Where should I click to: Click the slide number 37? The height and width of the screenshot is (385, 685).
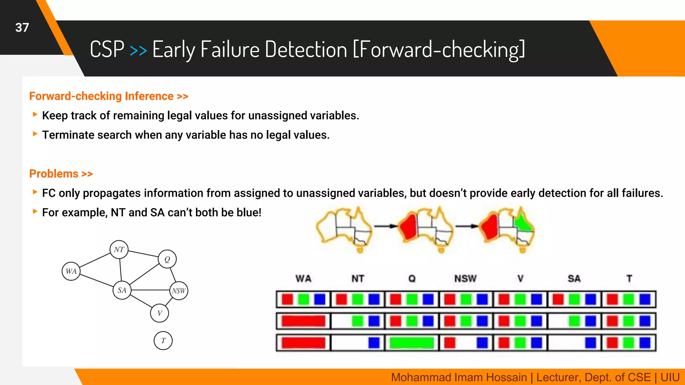click(x=22, y=28)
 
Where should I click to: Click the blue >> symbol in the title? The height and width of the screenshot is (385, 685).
click(x=138, y=50)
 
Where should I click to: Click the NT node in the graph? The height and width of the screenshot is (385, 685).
click(x=119, y=249)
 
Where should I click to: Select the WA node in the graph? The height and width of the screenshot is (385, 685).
click(x=71, y=271)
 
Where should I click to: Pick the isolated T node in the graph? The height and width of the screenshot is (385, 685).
click(x=163, y=341)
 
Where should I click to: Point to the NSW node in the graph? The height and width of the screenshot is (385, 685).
click(x=179, y=291)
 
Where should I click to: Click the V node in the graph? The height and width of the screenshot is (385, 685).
click(x=160, y=313)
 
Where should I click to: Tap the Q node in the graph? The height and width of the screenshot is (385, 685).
click(x=167, y=259)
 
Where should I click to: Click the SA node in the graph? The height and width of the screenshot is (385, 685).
click(x=122, y=290)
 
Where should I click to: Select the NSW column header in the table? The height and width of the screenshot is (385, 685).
click(x=465, y=278)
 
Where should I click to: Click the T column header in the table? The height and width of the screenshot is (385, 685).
click(x=629, y=278)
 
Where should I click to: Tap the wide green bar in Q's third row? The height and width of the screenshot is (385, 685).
click(x=412, y=343)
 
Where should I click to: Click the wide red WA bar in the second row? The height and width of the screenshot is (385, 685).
click(x=303, y=321)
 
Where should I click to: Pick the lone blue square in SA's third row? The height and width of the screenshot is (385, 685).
click(x=590, y=343)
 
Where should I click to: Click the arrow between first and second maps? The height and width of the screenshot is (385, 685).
click(x=385, y=226)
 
